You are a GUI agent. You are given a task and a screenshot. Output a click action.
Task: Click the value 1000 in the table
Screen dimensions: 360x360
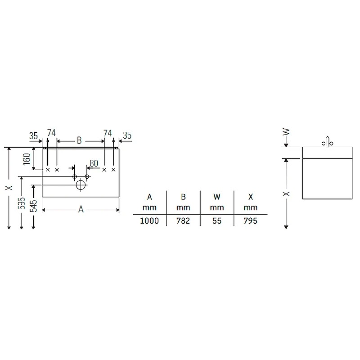click(x=149, y=220)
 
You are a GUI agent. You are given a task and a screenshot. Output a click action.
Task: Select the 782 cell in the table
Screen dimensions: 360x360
click(x=183, y=220)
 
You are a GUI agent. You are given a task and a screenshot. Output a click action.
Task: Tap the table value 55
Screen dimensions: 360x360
click(x=217, y=220)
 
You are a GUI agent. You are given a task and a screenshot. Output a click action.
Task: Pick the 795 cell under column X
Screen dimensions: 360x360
click(x=250, y=220)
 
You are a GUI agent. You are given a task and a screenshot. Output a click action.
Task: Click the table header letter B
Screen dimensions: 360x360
click(x=183, y=197)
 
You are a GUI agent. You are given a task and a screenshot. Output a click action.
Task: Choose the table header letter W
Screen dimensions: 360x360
click(x=217, y=197)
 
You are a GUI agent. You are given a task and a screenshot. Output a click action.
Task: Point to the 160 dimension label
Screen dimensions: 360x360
click(x=27, y=159)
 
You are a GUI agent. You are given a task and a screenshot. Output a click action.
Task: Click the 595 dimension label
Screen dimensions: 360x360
click(x=21, y=203)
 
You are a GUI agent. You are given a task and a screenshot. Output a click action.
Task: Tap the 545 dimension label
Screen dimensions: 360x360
click(x=33, y=206)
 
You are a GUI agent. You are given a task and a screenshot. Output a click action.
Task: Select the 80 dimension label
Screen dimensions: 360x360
click(x=94, y=163)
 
